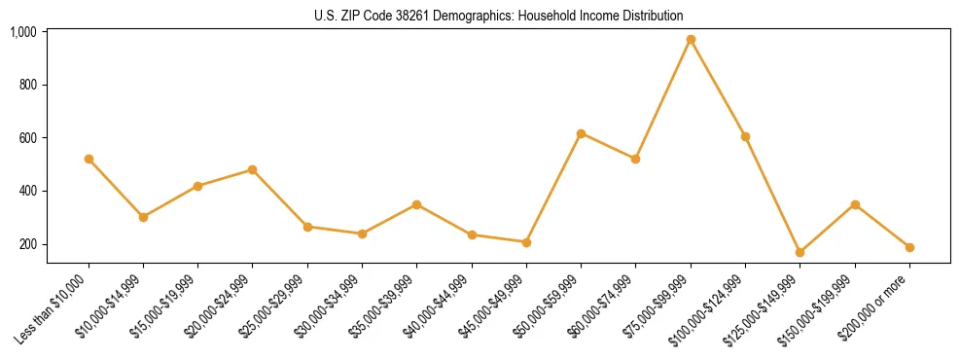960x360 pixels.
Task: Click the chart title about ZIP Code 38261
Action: tap(499, 16)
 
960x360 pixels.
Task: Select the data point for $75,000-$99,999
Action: tap(691, 40)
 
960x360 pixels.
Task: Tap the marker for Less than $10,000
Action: tap(89, 159)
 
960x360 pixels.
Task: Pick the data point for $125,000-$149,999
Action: tap(800, 252)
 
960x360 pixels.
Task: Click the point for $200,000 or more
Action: tap(909, 247)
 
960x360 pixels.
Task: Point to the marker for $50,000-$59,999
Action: tap(581, 133)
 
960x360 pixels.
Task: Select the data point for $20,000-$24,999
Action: tap(253, 169)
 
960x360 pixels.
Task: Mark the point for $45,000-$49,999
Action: tap(526, 242)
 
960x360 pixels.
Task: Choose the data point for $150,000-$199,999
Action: tap(855, 204)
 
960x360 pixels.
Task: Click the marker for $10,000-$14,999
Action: tap(143, 217)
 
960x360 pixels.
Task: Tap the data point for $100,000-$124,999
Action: tap(745, 136)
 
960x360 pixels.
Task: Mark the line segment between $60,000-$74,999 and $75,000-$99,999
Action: tap(663, 99)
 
